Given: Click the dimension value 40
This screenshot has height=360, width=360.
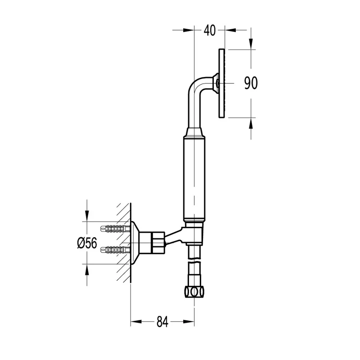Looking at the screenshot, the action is [x=210, y=31].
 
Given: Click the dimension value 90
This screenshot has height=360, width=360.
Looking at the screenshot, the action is [x=251, y=83].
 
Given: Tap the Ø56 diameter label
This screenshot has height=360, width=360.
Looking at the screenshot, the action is [x=87, y=243].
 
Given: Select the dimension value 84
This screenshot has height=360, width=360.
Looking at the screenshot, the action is [x=162, y=322].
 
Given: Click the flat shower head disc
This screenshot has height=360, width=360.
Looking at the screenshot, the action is [x=221, y=84].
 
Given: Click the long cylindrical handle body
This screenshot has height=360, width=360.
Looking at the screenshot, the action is [x=194, y=179].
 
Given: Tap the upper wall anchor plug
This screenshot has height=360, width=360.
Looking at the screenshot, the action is [x=115, y=229].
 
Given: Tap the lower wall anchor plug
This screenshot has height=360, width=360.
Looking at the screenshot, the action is [x=115, y=250].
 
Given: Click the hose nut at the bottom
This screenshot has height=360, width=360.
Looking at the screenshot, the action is [x=194, y=292].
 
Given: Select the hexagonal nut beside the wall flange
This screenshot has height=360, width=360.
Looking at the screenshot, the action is [x=158, y=243].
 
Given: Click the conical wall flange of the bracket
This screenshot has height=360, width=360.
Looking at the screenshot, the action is [x=135, y=243].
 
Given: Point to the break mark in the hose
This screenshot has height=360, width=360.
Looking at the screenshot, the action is [x=194, y=262].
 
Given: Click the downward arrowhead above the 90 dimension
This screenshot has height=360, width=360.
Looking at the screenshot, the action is [x=251, y=44].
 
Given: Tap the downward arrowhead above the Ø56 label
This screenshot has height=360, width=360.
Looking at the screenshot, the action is [x=87, y=216].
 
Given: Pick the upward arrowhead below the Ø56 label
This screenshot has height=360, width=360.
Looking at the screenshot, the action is [x=87, y=270].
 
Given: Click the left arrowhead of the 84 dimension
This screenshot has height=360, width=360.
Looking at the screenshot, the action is [x=136, y=322].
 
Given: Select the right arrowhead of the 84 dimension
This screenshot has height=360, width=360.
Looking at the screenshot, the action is [x=189, y=322].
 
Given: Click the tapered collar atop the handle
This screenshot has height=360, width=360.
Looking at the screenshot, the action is [x=194, y=132].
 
